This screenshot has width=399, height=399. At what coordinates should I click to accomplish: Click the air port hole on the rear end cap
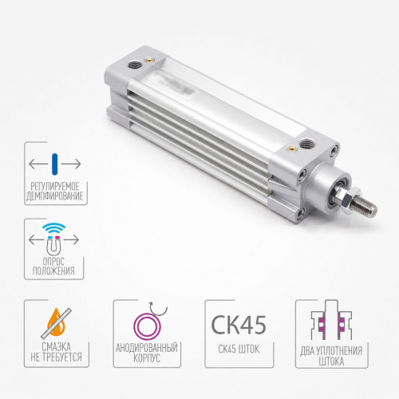pos(132,65)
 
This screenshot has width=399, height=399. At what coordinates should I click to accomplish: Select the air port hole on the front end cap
pos(305,144)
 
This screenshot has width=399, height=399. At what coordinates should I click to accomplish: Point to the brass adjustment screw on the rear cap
pos(149,61)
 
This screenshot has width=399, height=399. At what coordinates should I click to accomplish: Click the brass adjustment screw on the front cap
pos(291,148)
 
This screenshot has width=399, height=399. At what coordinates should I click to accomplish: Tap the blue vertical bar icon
pos(54,164)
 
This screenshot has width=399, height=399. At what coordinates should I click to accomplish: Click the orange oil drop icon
pos(57,322)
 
